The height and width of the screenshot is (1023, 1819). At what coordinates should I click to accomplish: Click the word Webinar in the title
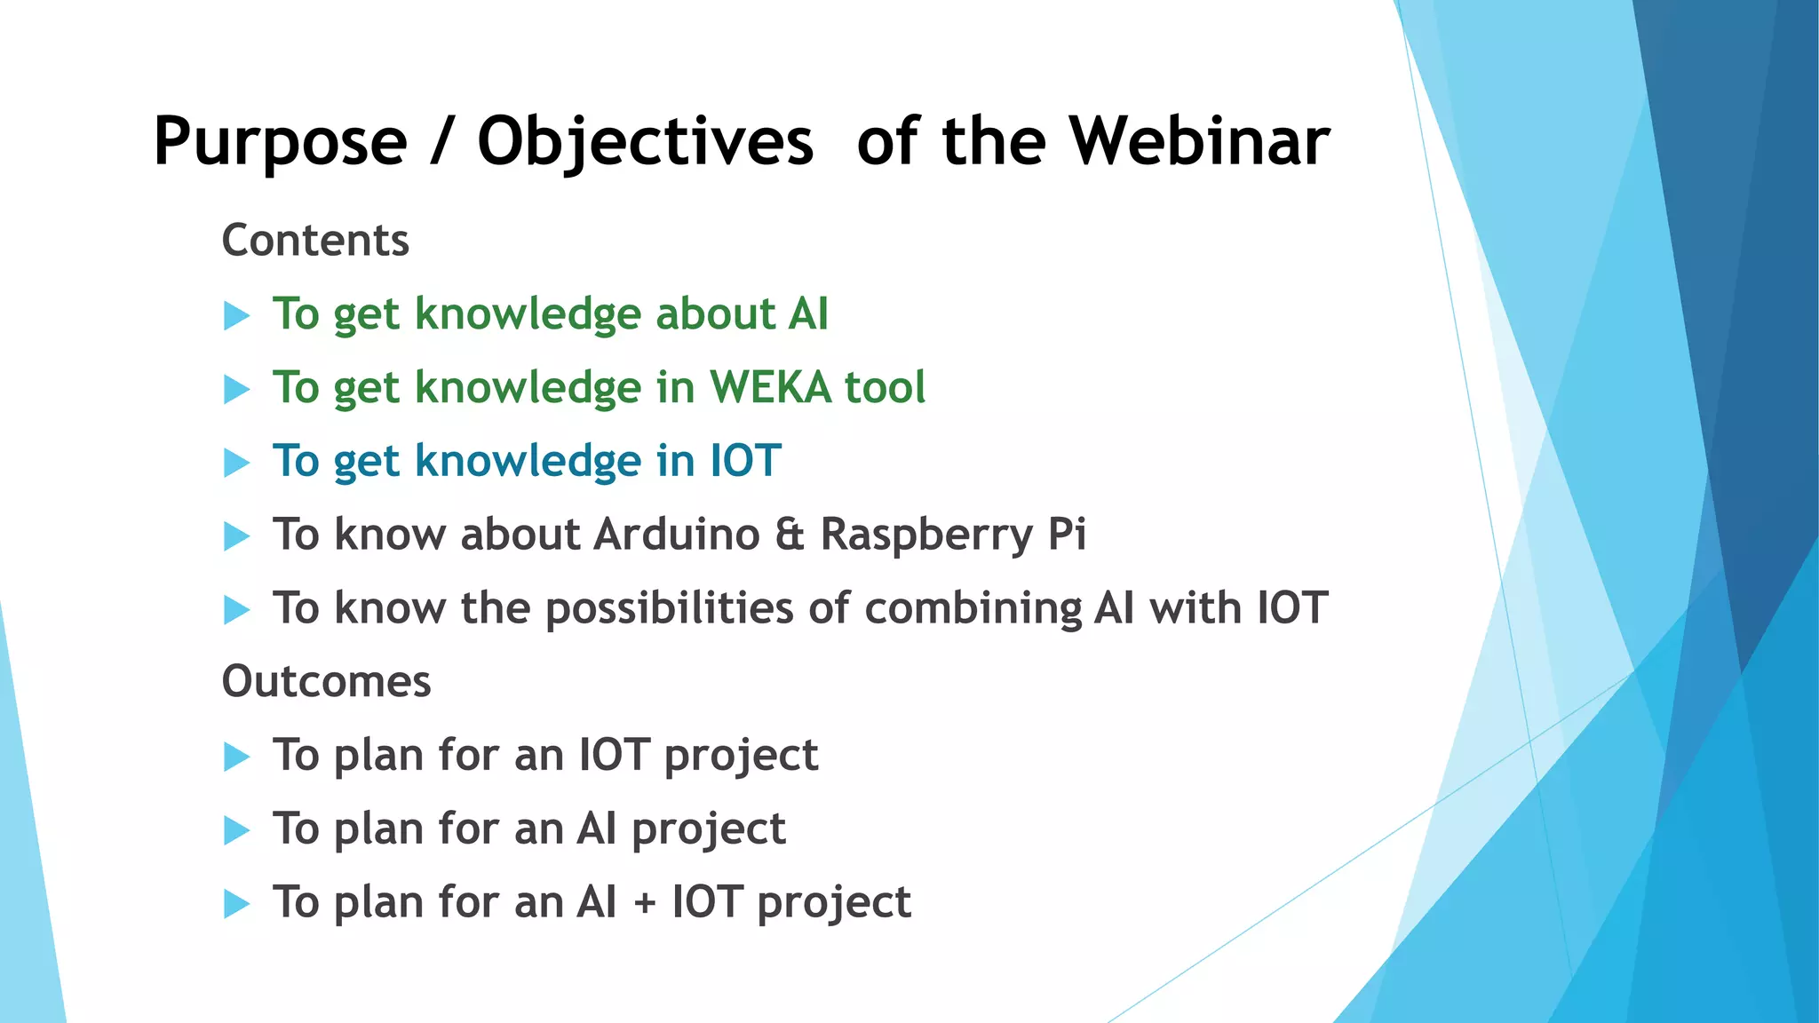1198,142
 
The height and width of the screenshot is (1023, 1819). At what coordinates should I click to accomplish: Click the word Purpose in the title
280,142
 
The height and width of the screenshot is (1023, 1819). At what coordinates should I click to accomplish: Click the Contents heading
315,241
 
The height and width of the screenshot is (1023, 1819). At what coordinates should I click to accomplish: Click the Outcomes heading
326,682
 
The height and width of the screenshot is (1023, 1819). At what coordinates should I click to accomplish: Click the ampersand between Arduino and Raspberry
790,535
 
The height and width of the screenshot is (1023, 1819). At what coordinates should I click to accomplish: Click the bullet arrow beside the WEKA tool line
236,389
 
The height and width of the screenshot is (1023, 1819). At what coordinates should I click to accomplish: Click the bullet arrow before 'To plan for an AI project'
236,830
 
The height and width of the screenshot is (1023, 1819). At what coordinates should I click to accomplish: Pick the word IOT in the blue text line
745,462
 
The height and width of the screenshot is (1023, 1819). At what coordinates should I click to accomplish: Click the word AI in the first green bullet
807,314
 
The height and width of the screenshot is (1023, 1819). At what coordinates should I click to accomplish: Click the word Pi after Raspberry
1067,535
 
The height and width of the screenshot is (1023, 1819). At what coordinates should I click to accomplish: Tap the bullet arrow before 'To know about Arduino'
236,536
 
